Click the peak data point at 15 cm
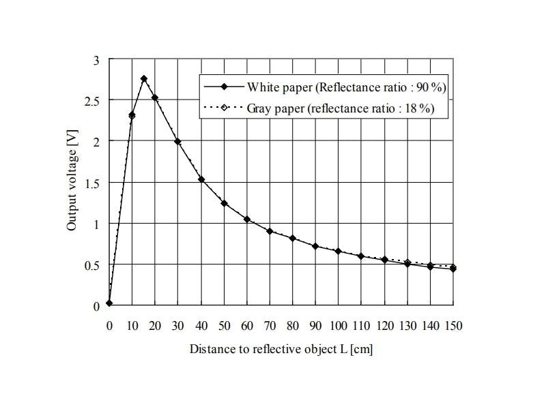tap(143, 79)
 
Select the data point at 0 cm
tap(109, 303)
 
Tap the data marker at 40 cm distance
tap(201, 179)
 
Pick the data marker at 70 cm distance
tap(270, 231)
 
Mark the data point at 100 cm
tap(339, 251)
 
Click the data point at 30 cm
tap(178, 142)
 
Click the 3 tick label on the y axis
tap(97, 60)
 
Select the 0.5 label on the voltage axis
tap(94, 265)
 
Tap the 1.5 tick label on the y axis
tap(94, 183)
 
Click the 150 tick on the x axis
tap(454, 326)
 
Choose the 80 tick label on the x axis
tap(293, 326)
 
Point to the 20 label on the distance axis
tap(155, 326)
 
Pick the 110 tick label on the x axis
tap(362, 326)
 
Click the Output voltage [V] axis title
tap(72, 183)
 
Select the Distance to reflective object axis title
tap(281, 350)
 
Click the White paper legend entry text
tap(347, 87)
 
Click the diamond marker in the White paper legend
tap(224, 87)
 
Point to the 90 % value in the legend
tap(432, 87)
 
